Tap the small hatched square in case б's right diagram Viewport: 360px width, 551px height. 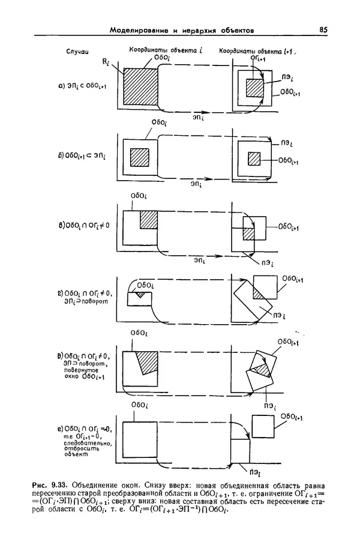tap(254, 159)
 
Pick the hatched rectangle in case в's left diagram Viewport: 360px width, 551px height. tap(148, 220)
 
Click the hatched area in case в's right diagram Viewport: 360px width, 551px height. tap(250, 233)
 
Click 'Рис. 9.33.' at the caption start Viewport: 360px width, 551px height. tap(54, 483)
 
